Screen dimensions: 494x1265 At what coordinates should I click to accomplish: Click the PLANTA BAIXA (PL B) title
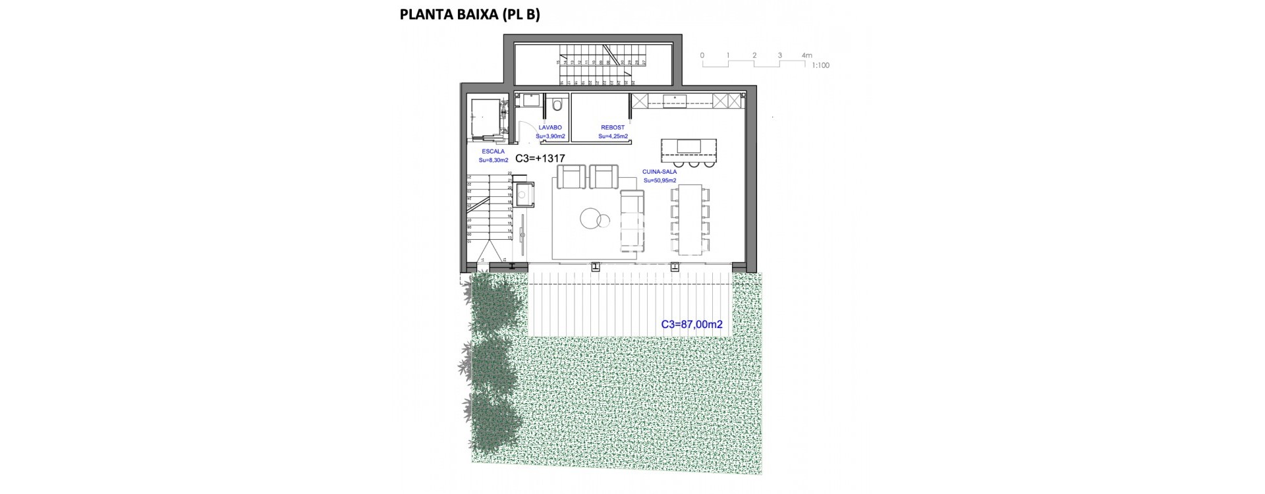pyautogui.click(x=470, y=15)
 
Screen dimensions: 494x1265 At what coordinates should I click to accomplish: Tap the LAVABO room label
pyautogui.click(x=550, y=128)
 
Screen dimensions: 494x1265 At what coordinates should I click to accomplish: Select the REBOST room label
pyautogui.click(x=613, y=128)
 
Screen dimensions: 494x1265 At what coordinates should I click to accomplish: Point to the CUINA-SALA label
pyautogui.click(x=660, y=172)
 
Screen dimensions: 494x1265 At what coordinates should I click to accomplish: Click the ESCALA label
pyautogui.click(x=493, y=151)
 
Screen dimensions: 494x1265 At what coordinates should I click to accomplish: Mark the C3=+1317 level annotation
pyautogui.click(x=540, y=159)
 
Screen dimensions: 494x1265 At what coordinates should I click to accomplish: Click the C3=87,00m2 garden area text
pyautogui.click(x=692, y=325)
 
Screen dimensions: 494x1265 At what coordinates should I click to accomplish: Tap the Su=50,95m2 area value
pyautogui.click(x=660, y=180)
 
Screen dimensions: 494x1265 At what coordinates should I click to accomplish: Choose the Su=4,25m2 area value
pyautogui.click(x=613, y=136)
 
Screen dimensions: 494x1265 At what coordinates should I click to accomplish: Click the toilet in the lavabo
pyautogui.click(x=558, y=103)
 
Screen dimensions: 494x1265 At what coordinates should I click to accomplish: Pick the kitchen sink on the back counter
pyautogui.click(x=675, y=101)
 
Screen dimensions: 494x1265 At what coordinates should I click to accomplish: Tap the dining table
pyautogui.click(x=690, y=219)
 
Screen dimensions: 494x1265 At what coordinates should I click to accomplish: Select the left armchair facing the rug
pyautogui.click(x=571, y=177)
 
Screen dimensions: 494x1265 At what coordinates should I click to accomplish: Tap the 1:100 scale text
pyautogui.click(x=820, y=66)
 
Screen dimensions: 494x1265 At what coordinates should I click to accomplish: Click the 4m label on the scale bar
pyautogui.click(x=806, y=56)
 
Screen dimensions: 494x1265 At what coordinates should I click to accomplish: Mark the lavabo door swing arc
pyautogui.click(x=526, y=131)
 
